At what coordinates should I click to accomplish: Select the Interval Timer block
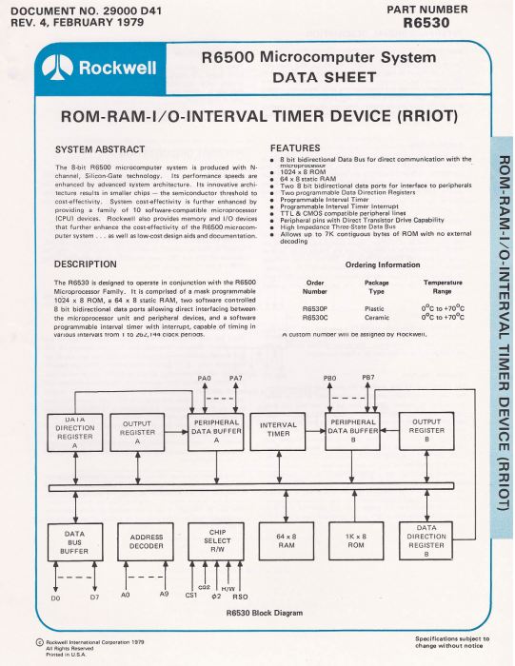(278, 430)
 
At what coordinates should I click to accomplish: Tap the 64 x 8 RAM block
(278, 540)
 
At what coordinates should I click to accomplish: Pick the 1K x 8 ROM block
(356, 540)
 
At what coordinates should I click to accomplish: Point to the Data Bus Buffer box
(74, 540)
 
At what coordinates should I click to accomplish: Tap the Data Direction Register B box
(426, 540)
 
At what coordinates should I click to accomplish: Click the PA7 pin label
(235, 380)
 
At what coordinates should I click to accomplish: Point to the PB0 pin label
(330, 380)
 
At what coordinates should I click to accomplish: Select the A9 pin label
(164, 596)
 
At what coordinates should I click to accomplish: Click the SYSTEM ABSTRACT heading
(100, 149)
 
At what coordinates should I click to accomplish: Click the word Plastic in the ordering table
(377, 308)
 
